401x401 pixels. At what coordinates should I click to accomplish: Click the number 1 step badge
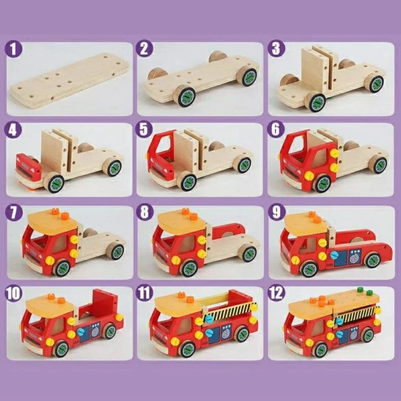pyautogui.click(x=14, y=50)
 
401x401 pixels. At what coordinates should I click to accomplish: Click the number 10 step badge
pyautogui.click(x=14, y=293)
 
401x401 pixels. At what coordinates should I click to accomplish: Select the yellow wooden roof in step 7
pyautogui.click(x=52, y=221)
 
